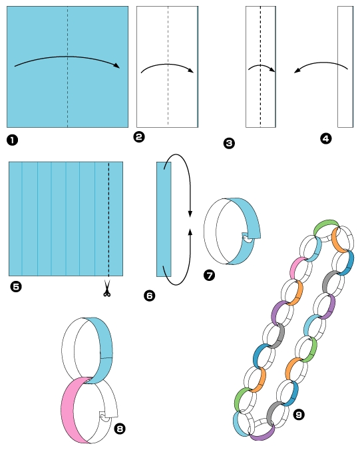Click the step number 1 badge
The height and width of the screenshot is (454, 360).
[12, 140]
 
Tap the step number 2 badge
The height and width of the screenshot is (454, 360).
[139, 136]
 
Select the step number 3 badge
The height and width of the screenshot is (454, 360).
[229, 143]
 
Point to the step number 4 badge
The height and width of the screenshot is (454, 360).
[326, 138]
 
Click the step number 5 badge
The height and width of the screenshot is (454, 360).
[15, 287]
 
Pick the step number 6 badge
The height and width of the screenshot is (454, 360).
[149, 296]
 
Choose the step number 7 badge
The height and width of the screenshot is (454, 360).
[209, 275]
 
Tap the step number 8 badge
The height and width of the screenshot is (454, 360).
[120, 429]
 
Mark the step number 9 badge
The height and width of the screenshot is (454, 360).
[299, 415]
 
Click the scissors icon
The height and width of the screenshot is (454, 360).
[106, 288]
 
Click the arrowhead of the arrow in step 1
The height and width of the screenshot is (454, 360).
[116, 65]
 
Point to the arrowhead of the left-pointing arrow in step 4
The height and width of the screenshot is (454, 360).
[297, 71]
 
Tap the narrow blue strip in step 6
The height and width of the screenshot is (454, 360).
[164, 219]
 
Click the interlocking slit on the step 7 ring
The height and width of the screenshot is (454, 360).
[247, 238]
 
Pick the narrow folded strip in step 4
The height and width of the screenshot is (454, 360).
[345, 67]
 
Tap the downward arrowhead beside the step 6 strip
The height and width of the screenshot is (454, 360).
[190, 214]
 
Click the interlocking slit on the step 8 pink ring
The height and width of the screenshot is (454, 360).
[104, 416]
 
